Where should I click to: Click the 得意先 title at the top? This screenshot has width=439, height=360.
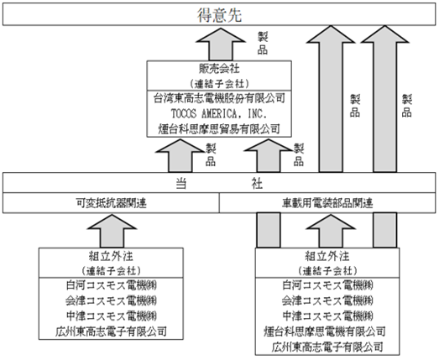point(219,14)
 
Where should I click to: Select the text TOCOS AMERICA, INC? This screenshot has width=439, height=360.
point(219,113)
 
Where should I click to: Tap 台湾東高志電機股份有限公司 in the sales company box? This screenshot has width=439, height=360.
point(219,98)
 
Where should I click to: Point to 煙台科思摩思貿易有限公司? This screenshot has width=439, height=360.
point(219,128)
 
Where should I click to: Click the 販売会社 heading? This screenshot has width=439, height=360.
point(219,69)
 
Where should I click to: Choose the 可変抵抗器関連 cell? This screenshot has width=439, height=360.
point(111,203)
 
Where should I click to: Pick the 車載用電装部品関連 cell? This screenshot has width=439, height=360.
point(327,203)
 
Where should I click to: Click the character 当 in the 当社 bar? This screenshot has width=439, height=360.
point(180,184)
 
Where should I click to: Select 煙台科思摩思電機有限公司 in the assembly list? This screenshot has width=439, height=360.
point(325,331)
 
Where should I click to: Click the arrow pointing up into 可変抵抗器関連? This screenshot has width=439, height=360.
point(112,231)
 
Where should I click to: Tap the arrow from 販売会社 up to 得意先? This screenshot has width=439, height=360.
point(221,44)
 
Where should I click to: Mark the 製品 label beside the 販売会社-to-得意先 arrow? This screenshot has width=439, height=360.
point(263,43)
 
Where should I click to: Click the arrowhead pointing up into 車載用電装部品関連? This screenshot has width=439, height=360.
point(331,222)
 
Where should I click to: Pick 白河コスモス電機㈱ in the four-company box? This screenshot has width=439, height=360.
point(111,285)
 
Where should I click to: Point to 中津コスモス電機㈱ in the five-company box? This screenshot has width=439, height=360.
point(327,316)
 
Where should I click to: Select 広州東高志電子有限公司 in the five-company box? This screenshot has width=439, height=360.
point(327,347)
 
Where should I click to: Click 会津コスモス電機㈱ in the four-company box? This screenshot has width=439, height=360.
point(111,301)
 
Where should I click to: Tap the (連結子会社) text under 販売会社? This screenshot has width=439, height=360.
point(219,83)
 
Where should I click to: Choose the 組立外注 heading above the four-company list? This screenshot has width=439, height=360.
point(111,256)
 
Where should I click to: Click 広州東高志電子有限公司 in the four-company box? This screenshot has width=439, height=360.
point(111,331)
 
